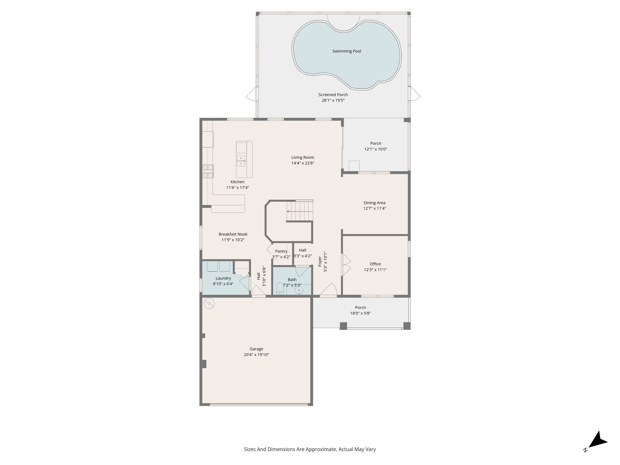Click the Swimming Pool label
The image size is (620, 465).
click(347, 51)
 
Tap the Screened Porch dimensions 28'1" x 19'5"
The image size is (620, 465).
click(333, 100)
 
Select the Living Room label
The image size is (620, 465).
click(303, 157)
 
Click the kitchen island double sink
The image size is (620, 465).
click(241, 161)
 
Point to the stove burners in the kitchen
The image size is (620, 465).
click(208, 171)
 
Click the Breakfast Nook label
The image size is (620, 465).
click(233, 234)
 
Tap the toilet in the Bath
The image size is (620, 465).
click(280, 289)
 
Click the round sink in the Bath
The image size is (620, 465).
click(299, 291)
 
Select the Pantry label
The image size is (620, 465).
click(281, 251)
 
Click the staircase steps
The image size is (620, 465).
click(300, 211)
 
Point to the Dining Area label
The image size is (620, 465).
click(374, 203)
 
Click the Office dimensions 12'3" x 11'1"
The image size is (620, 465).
click(375, 270)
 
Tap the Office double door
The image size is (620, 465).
click(346, 264)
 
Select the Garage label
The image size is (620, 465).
click(256, 349)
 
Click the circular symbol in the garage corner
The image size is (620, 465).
click(209, 303)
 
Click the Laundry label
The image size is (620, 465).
click(223, 278)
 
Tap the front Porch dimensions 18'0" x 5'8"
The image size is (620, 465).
click(361, 313)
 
